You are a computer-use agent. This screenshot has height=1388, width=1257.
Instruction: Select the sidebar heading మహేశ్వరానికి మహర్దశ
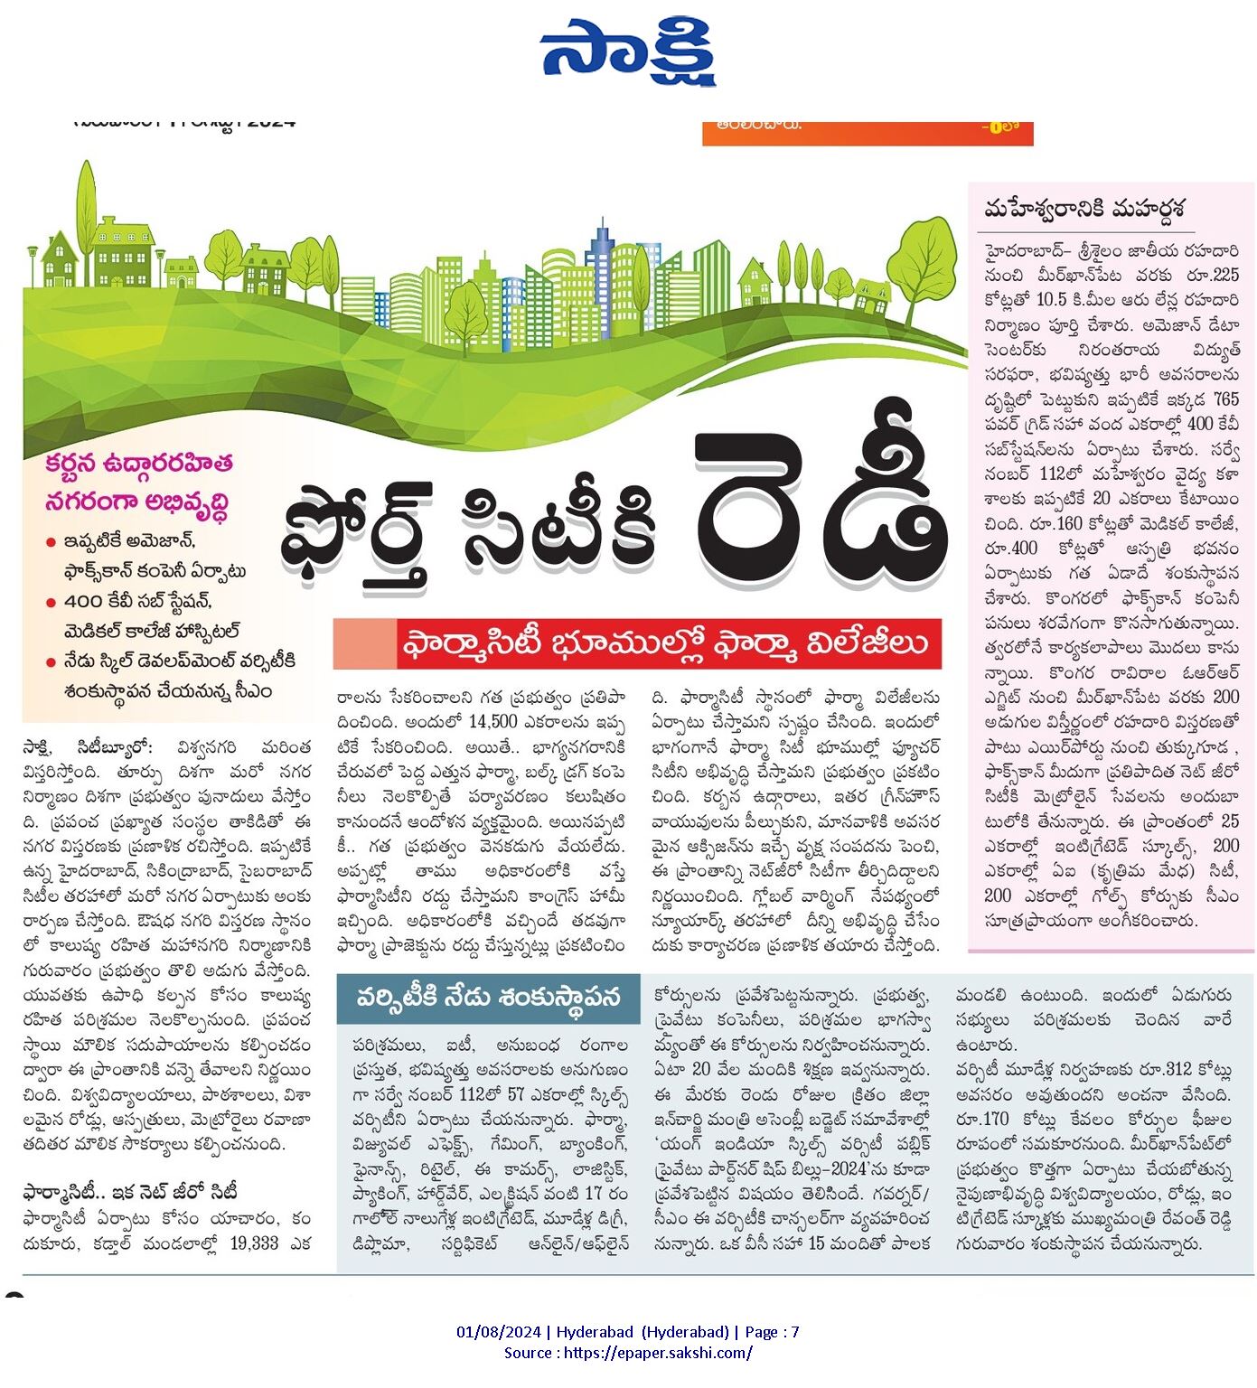click(1083, 208)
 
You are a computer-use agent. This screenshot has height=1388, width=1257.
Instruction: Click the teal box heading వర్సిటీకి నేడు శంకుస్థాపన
click(488, 998)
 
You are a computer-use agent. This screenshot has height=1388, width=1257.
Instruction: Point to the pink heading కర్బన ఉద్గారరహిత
click(139, 463)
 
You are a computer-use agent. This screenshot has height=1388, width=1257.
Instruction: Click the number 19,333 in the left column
click(254, 1243)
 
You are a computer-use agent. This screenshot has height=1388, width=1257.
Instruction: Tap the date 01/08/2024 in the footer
click(500, 1331)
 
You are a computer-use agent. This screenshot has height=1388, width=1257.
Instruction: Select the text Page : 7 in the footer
click(771, 1331)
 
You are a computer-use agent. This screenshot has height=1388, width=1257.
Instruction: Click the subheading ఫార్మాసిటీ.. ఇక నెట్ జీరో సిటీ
click(130, 1193)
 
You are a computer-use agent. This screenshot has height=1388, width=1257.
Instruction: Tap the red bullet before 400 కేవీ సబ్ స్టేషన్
click(52, 603)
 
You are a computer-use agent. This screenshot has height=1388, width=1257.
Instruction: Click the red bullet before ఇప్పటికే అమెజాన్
click(52, 543)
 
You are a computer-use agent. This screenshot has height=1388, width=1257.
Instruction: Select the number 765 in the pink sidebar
click(1225, 399)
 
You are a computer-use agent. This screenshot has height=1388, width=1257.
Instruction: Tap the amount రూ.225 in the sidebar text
click(1214, 274)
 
